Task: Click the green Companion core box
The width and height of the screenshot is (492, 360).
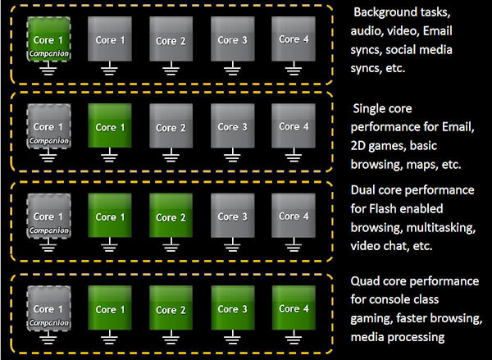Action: (48, 39)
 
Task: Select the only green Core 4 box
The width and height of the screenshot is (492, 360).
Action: (294, 308)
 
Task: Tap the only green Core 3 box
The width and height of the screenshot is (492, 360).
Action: (233, 308)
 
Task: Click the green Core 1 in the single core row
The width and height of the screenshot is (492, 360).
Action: (110, 125)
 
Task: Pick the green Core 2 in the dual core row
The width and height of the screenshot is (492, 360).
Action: (171, 216)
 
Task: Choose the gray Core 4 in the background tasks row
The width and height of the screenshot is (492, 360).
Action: (294, 39)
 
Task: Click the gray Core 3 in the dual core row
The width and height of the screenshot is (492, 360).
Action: (233, 216)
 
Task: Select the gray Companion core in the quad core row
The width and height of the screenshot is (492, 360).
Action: (48, 308)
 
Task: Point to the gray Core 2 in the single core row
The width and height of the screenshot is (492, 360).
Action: (171, 125)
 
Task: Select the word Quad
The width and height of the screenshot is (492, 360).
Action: (365, 281)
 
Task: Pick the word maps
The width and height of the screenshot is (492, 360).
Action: (422, 166)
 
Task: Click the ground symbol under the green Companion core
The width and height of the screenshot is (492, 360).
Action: (48, 68)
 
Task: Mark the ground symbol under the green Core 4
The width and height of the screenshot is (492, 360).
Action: (294, 337)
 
